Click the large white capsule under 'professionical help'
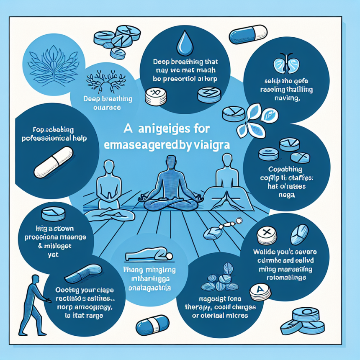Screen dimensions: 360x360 coord(53,162)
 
